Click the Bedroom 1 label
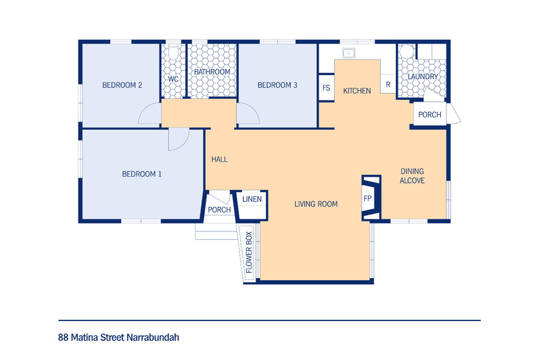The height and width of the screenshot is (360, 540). [x=141, y=174]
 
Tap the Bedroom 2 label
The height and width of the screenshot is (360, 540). [x=122, y=85]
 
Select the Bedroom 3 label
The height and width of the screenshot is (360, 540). [x=278, y=85]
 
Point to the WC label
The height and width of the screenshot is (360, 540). [x=173, y=79]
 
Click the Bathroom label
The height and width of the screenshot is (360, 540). [x=212, y=72]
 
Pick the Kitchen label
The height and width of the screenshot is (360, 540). [x=357, y=91]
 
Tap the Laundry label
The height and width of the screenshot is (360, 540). [x=422, y=77]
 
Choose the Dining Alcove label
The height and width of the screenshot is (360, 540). [x=412, y=176]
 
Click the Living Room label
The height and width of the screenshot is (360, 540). [x=316, y=204]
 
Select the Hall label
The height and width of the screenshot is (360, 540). [x=219, y=159]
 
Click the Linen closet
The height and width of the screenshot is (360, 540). [x=252, y=205]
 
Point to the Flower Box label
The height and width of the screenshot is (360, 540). [x=249, y=252]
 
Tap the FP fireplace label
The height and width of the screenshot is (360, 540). [x=368, y=199]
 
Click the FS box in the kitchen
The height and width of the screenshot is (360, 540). [x=327, y=87]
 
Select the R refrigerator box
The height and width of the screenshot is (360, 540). [x=388, y=84]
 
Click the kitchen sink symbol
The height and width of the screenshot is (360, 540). [x=349, y=53]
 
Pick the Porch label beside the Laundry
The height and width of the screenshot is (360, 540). [x=429, y=115]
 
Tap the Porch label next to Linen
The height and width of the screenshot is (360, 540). [x=219, y=210]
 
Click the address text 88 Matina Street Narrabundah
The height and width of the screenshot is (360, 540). [x=118, y=337]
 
